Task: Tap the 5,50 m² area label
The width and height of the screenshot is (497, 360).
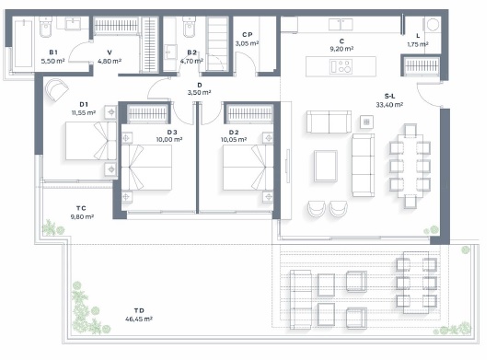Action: pyautogui.click(x=52, y=61)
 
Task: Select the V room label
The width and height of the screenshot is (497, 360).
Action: pyautogui.click(x=110, y=52)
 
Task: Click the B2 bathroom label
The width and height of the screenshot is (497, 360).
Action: pyautogui.click(x=191, y=52)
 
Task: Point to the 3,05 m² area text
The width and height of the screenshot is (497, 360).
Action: pyautogui.click(x=247, y=43)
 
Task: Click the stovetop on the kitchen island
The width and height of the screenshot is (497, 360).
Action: pyautogui.click(x=342, y=65)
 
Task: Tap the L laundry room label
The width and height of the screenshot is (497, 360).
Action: pyautogui.click(x=418, y=36)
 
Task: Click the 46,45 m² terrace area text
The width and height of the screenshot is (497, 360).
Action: pyautogui.click(x=139, y=320)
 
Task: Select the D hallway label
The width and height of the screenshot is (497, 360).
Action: pyautogui.click(x=199, y=85)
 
